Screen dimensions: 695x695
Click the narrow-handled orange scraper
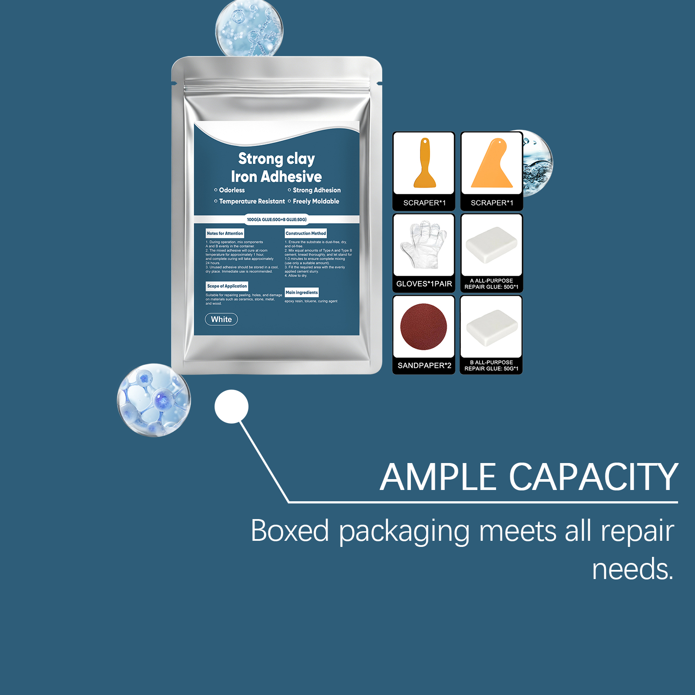click(425, 164)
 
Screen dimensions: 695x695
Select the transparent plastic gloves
click(424, 244)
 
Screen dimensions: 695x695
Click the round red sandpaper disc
click(424, 327)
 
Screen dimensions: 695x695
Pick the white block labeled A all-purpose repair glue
click(491, 244)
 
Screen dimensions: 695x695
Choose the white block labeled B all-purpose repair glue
click(492, 328)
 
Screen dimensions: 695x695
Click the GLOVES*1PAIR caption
click(424, 284)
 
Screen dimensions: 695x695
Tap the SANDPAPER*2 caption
click(424, 365)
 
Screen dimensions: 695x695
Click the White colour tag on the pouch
click(221, 319)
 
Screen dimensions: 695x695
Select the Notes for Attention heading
click(225, 233)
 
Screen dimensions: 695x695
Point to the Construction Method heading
click(305, 233)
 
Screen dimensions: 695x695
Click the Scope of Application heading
click(227, 286)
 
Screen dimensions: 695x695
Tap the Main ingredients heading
click(301, 292)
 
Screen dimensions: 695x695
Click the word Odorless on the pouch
click(232, 190)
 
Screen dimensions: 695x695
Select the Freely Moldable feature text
click(316, 201)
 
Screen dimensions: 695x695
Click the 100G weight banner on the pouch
click(277, 219)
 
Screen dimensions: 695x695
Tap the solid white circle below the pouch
click(232, 407)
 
